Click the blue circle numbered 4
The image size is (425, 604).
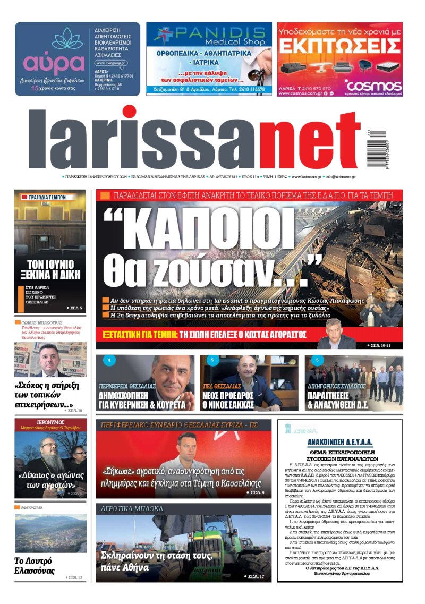tap(108, 361)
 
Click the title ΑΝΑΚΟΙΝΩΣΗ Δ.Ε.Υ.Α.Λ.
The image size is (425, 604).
tap(340, 441)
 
